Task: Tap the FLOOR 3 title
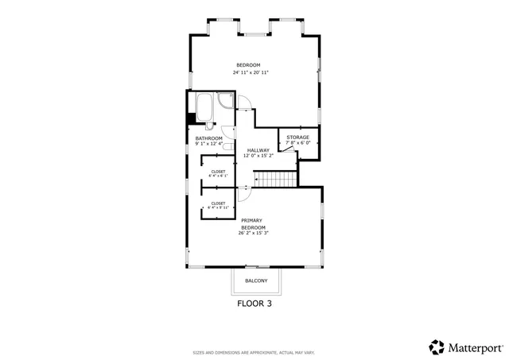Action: tap(254, 303)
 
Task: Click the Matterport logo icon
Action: tap(437, 346)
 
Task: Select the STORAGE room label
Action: tap(297, 137)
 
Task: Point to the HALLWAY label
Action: tap(258, 150)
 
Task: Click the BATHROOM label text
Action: tap(208, 138)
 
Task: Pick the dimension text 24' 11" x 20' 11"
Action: tap(251, 72)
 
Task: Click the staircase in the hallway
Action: tap(279, 180)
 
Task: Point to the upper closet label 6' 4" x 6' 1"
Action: tap(217, 174)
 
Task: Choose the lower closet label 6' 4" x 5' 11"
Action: tap(217, 206)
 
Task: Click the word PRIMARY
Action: tap(251, 220)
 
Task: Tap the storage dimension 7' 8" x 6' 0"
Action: tap(297, 143)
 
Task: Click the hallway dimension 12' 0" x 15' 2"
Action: tap(258, 156)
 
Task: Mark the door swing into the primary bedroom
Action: tap(245, 192)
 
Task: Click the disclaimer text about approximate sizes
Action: tap(254, 352)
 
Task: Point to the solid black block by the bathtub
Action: tap(190, 119)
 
